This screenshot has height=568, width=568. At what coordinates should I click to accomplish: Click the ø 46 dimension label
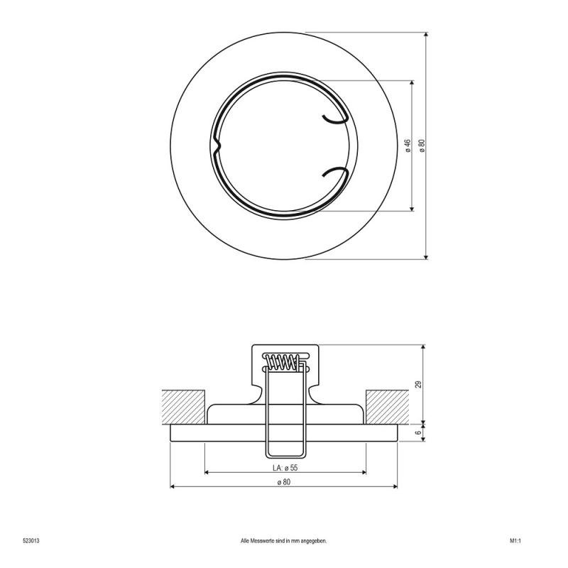tap(408, 146)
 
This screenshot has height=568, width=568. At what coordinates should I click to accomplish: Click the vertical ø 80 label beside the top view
tap(422, 146)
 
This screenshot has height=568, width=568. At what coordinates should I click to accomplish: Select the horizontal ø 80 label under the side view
tap(283, 482)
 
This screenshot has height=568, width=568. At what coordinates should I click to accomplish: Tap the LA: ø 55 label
tap(285, 468)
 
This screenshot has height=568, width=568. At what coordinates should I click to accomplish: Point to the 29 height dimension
tap(418, 384)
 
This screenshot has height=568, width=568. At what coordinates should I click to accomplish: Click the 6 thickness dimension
tap(418, 433)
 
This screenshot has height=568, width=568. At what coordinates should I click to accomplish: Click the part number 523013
tap(31, 541)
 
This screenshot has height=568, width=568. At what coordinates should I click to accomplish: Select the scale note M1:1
tap(515, 541)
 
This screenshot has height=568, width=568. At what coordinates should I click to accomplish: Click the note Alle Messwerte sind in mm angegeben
tap(283, 541)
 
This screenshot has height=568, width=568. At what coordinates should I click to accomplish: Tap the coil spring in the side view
tap(283, 362)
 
